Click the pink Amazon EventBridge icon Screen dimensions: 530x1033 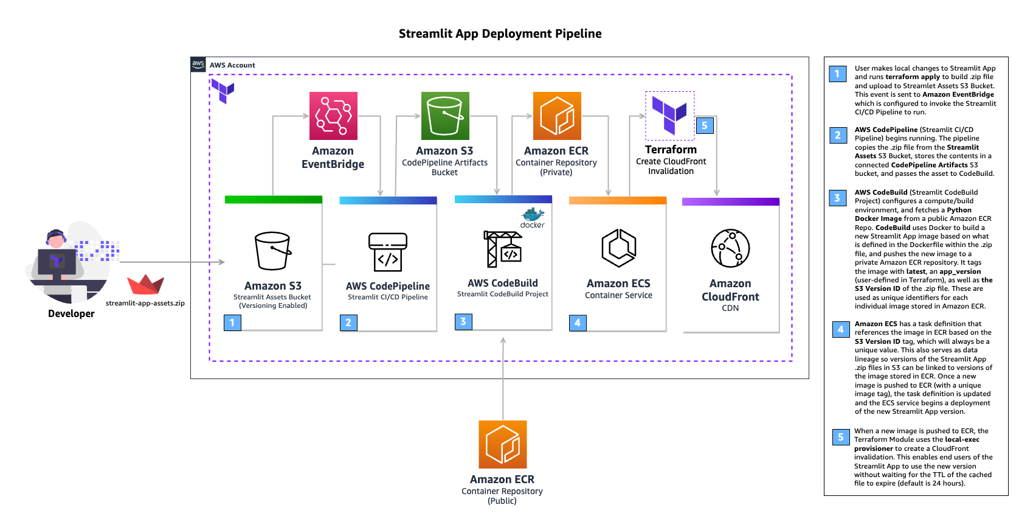333,116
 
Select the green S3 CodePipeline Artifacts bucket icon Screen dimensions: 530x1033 445,116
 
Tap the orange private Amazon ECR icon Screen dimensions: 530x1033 557,116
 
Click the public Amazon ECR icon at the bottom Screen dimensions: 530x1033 502,444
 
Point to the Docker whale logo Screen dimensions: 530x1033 533,215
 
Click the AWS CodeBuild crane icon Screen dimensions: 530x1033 503,249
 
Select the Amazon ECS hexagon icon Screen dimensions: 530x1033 619,248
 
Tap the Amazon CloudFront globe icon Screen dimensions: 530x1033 730,248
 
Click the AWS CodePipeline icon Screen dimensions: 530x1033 388,252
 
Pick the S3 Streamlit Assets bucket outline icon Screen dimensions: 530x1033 272,251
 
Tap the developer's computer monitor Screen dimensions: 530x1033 57,262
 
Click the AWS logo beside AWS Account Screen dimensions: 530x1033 198,65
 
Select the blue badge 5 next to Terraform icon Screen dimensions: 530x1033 704,125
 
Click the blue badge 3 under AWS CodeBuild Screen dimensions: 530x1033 463,321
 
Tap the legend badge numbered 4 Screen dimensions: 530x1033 841,329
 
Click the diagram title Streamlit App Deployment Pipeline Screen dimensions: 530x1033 500,33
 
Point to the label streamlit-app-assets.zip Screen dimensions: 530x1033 145,303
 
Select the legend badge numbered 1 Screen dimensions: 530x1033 837,74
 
